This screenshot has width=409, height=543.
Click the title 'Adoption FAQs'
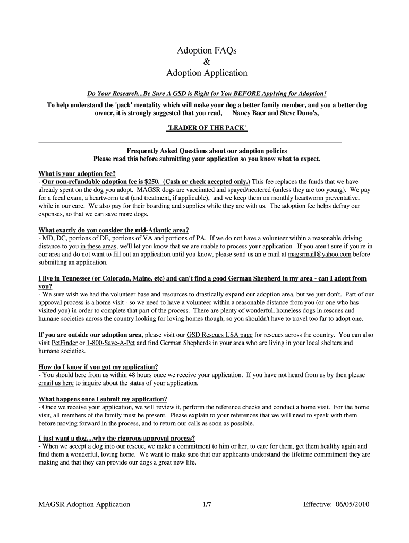pyautogui.click(x=206, y=50)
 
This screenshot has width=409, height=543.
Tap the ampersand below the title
pyautogui.click(x=206, y=62)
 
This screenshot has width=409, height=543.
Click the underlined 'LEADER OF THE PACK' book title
pyautogui.click(x=207, y=129)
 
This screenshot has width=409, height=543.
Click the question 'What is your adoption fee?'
pyautogui.click(x=77, y=173)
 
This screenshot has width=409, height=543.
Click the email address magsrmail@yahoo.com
pyautogui.click(x=319, y=255)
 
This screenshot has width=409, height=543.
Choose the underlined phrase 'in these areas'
pyautogui.click(x=98, y=247)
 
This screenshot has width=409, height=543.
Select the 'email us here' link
pyautogui.click(x=56, y=383)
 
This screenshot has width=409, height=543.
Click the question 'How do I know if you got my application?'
pyautogui.click(x=98, y=367)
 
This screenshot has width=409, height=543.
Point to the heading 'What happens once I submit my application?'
pyautogui.click(x=103, y=399)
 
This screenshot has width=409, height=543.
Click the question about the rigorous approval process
pyautogui.click(x=117, y=439)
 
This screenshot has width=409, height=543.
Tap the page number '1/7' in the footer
pyautogui.click(x=207, y=504)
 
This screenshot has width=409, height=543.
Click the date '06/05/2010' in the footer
pyautogui.click(x=352, y=504)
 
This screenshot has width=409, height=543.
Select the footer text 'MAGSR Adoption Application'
pyautogui.click(x=84, y=504)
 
